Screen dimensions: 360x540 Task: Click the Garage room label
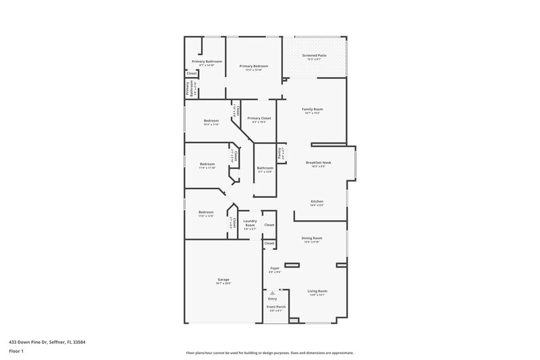[x=223, y=279]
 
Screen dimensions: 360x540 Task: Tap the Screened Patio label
[x=314, y=55]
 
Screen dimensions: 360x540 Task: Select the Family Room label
[x=312, y=109]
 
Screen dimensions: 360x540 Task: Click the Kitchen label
[x=317, y=201]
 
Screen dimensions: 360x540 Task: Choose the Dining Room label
[x=311, y=237]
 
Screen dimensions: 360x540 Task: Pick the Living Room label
[x=317, y=290]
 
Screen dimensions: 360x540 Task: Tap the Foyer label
[x=275, y=268]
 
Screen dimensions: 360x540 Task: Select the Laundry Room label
[x=250, y=224]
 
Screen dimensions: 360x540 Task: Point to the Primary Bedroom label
[x=254, y=66]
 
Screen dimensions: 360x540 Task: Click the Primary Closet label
[x=259, y=118]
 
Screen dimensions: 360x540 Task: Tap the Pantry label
[x=279, y=153]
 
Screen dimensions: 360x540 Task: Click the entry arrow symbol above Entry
[x=273, y=294]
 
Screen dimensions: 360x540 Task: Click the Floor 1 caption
[x=17, y=351]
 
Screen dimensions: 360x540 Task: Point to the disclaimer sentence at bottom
[x=269, y=353]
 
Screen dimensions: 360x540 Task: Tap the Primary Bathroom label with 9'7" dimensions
[x=207, y=61]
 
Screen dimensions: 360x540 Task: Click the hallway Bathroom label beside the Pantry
[x=265, y=168]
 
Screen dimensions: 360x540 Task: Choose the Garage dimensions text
[x=223, y=283]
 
